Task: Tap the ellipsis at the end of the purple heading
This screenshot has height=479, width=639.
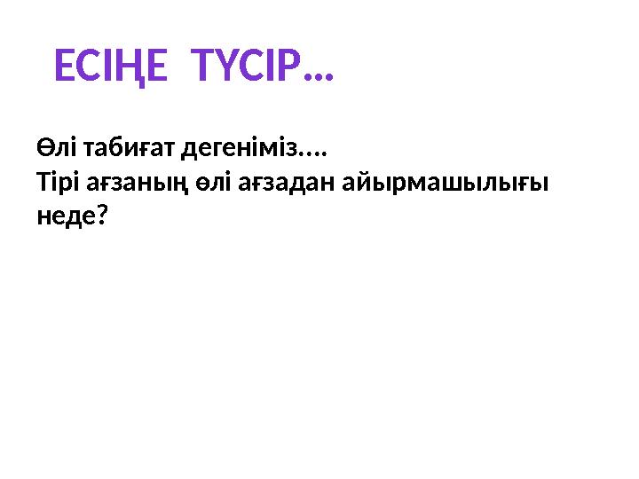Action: pyautogui.click(x=317, y=76)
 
